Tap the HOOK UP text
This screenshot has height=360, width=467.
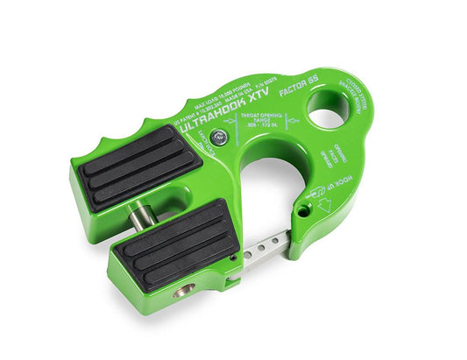pos(348,188)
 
